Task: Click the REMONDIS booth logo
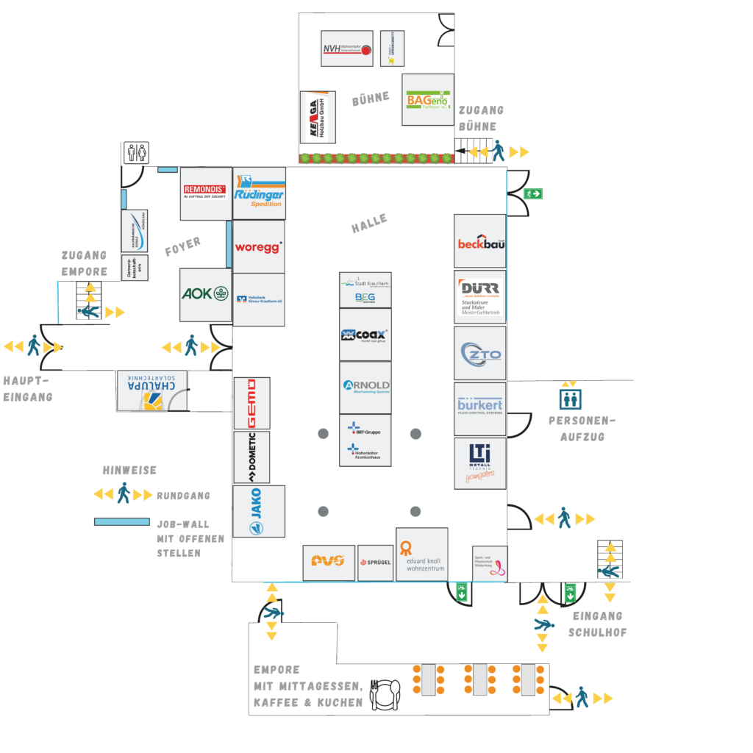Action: pos(205,193)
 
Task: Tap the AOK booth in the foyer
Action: pos(205,294)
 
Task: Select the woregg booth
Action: pos(258,247)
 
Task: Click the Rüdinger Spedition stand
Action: pos(259,193)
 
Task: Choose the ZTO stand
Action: pos(479,353)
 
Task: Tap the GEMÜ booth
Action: pos(251,403)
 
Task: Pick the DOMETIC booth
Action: pos(251,457)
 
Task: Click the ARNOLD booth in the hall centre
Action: pos(365,387)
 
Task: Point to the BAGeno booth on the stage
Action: pos(427,99)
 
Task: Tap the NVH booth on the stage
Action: pos(347,49)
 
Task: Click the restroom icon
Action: pos(135,152)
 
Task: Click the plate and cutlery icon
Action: pos(385,693)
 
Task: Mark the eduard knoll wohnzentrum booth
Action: pos(421,554)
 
